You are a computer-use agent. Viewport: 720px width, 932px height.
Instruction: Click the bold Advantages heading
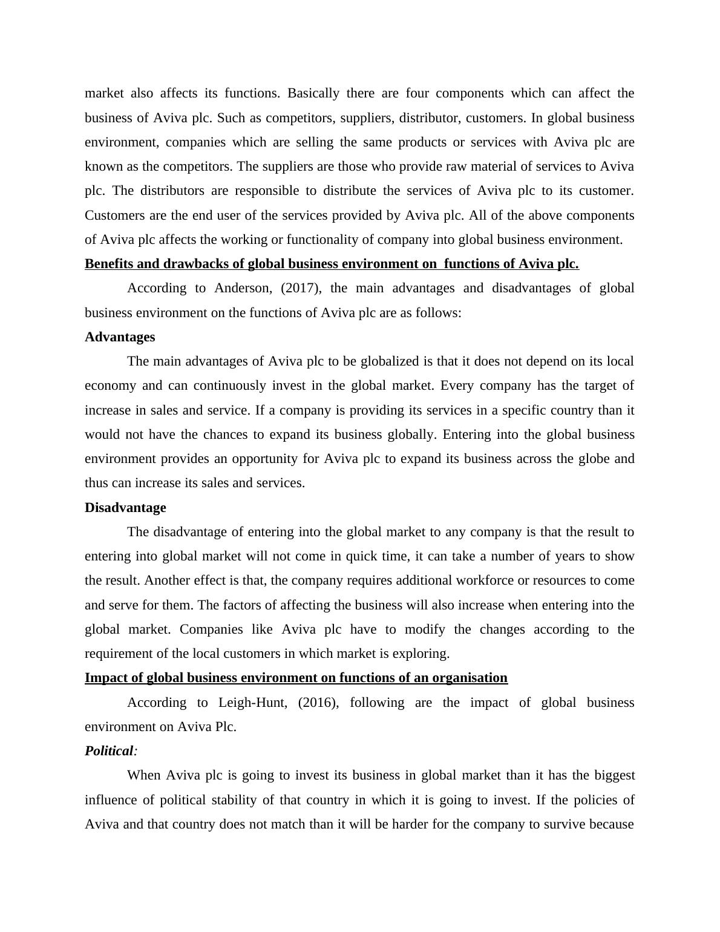[120, 337]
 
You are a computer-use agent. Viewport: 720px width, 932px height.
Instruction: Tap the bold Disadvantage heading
[125, 508]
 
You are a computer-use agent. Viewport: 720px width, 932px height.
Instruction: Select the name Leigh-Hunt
[252, 703]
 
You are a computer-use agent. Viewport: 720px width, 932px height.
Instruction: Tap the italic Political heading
[109, 751]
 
